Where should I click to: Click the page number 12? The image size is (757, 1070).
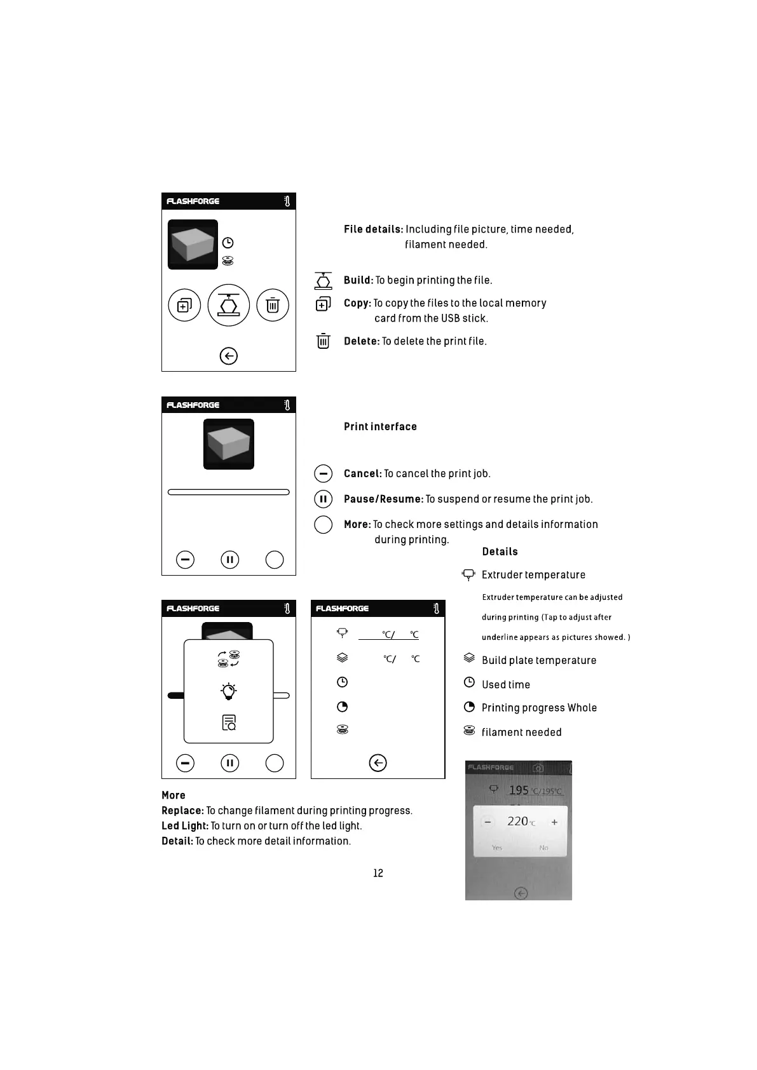coord(378,873)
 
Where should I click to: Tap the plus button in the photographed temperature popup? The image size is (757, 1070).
coord(554,822)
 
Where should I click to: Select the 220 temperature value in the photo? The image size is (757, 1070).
coord(518,822)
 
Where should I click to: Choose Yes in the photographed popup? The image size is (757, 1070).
coord(497,848)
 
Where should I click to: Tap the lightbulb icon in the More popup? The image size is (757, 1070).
coord(229,691)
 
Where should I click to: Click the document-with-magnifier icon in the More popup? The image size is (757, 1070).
coord(229,722)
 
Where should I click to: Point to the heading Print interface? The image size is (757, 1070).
coord(380,426)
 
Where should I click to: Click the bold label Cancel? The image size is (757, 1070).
coord(363,473)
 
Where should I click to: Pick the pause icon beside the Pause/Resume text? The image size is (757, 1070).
coord(324,499)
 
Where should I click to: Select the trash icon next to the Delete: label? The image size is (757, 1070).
coord(324,341)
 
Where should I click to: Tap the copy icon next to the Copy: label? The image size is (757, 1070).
coord(324,304)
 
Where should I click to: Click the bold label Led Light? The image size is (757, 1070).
coord(185,826)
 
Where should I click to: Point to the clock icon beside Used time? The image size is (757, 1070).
coord(470,682)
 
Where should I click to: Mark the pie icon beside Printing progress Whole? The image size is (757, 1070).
coord(470,707)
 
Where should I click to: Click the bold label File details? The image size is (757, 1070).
coord(374,229)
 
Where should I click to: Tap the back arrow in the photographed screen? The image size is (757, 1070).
coord(521,894)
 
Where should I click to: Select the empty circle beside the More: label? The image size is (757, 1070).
coord(324,524)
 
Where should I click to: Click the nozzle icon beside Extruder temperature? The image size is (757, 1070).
coord(469,575)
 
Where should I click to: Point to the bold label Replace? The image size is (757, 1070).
coord(183,811)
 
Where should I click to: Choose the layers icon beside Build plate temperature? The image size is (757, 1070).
coord(470,658)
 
